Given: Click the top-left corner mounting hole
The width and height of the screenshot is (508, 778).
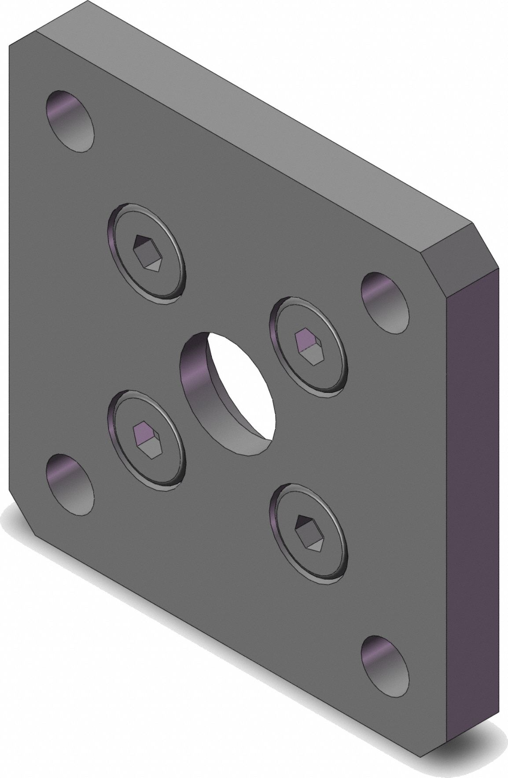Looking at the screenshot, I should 70,121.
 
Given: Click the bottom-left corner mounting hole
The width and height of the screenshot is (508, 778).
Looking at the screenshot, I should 70,485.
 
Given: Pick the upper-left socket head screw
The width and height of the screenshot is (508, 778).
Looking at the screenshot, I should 146,254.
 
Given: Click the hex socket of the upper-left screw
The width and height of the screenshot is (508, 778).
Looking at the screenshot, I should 146,253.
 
